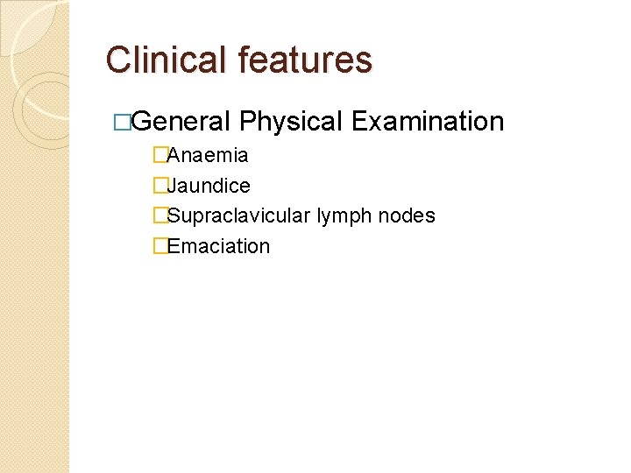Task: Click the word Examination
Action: (x=427, y=121)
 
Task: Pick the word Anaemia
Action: (x=208, y=156)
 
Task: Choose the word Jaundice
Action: (x=209, y=186)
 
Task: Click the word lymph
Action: (x=345, y=216)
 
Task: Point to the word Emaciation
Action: (x=218, y=246)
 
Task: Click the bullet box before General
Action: (x=123, y=122)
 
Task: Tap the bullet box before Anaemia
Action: (x=160, y=156)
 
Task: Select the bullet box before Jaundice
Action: (x=160, y=186)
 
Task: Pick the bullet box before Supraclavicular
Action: (x=160, y=215)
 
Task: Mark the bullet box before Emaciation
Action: (x=160, y=246)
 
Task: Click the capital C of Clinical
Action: (x=118, y=60)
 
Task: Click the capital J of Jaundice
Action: (x=172, y=186)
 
